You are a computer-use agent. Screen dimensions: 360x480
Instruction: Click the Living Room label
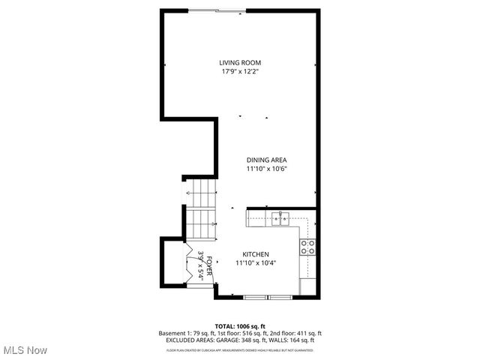click(x=240, y=63)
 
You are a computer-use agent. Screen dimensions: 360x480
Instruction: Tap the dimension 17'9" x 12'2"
click(x=240, y=72)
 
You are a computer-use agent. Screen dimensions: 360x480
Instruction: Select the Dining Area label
click(x=267, y=160)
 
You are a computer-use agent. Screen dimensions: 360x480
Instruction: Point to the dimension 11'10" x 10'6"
click(x=267, y=169)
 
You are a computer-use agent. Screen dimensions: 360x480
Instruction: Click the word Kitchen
click(x=256, y=254)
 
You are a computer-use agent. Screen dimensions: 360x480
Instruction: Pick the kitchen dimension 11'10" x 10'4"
click(x=256, y=263)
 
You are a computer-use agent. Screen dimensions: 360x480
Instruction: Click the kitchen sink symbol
click(x=280, y=219)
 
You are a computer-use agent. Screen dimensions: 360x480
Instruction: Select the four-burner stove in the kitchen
click(x=307, y=247)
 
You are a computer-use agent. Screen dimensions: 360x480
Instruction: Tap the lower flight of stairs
click(x=200, y=223)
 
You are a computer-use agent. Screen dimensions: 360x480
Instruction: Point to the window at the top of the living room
click(x=215, y=10)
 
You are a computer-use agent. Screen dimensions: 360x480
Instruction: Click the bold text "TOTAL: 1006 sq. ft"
click(x=240, y=326)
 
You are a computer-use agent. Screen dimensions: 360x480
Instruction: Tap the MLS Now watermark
click(x=25, y=350)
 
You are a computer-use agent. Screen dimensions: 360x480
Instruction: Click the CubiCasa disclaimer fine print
click(x=240, y=349)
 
